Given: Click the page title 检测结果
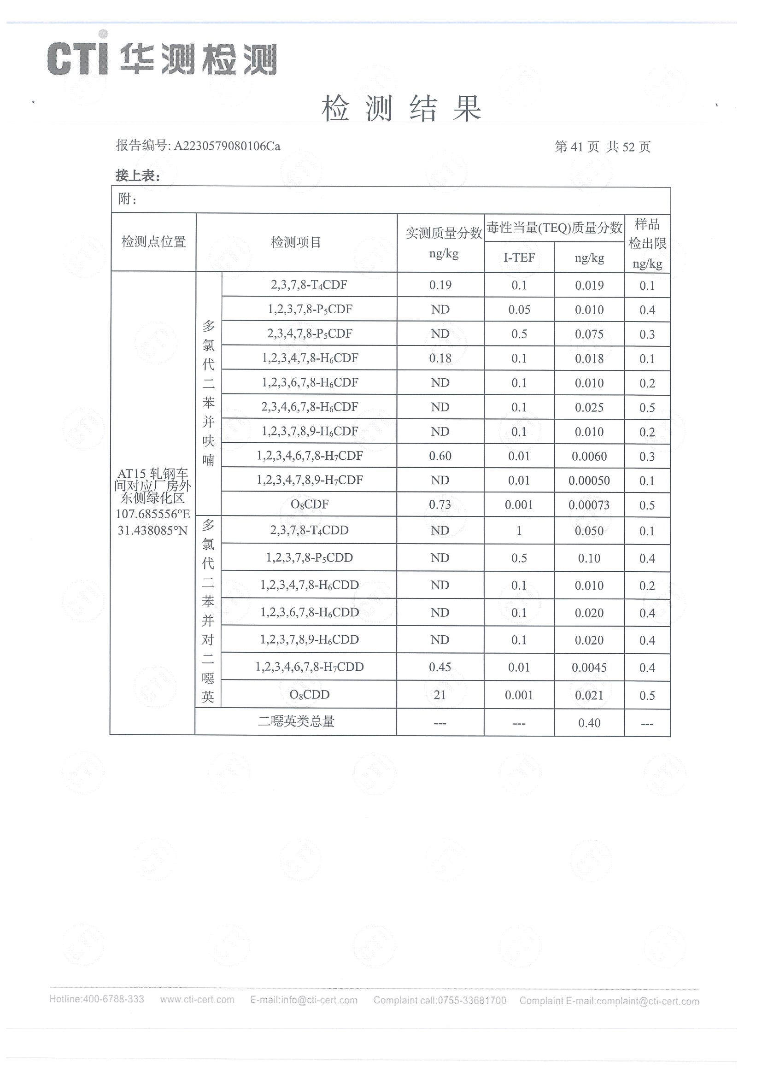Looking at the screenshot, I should tap(401, 108).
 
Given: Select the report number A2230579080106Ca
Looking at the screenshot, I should tap(227, 146).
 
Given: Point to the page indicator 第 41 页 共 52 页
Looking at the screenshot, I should tap(603, 147).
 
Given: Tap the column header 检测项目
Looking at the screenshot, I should tap(296, 242).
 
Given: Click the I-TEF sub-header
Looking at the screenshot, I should tap(519, 258).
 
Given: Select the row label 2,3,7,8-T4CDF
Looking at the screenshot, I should tap(309, 285).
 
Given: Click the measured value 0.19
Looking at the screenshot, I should tap(440, 285).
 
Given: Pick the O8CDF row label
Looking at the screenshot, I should tap(310, 505).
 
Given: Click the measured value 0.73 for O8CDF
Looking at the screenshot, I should tap(440, 505).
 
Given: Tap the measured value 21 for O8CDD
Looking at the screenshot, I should tap(440, 695).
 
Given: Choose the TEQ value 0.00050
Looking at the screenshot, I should tap(589, 480).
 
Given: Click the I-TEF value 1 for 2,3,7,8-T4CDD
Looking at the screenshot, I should tap(519, 531).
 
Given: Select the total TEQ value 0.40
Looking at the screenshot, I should tap(589, 722).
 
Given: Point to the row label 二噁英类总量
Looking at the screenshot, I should tap(296, 721).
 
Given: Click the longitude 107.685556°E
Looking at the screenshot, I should tap(153, 514).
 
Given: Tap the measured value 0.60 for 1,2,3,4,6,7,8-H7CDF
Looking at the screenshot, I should tap(440, 456).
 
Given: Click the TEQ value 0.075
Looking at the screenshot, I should tap(589, 334).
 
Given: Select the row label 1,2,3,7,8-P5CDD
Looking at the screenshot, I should tap(309, 558).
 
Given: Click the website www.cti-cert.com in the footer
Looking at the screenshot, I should tap(197, 1000).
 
